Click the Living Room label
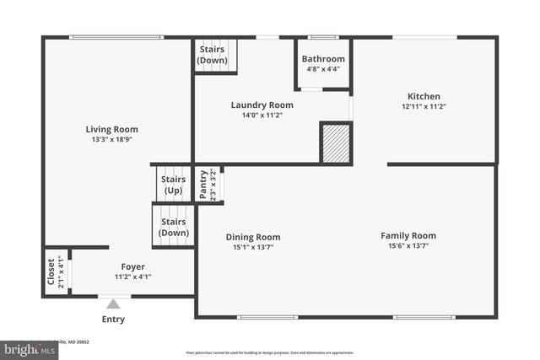point(111,129)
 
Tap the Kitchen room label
point(424,96)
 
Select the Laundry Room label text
point(262,105)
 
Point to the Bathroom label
point(324,59)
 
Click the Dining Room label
point(253,237)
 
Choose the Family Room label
point(408,235)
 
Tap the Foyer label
point(132,266)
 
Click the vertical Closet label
point(51,271)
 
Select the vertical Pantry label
point(203,184)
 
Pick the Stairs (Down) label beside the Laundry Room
point(212,55)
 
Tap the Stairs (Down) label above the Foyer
point(174,227)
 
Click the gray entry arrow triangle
point(113,304)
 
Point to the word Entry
point(113,320)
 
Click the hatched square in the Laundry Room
point(335,143)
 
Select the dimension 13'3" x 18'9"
point(111,140)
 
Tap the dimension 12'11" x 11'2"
point(424,107)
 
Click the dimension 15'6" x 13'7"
point(408,246)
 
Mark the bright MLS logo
point(29,348)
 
